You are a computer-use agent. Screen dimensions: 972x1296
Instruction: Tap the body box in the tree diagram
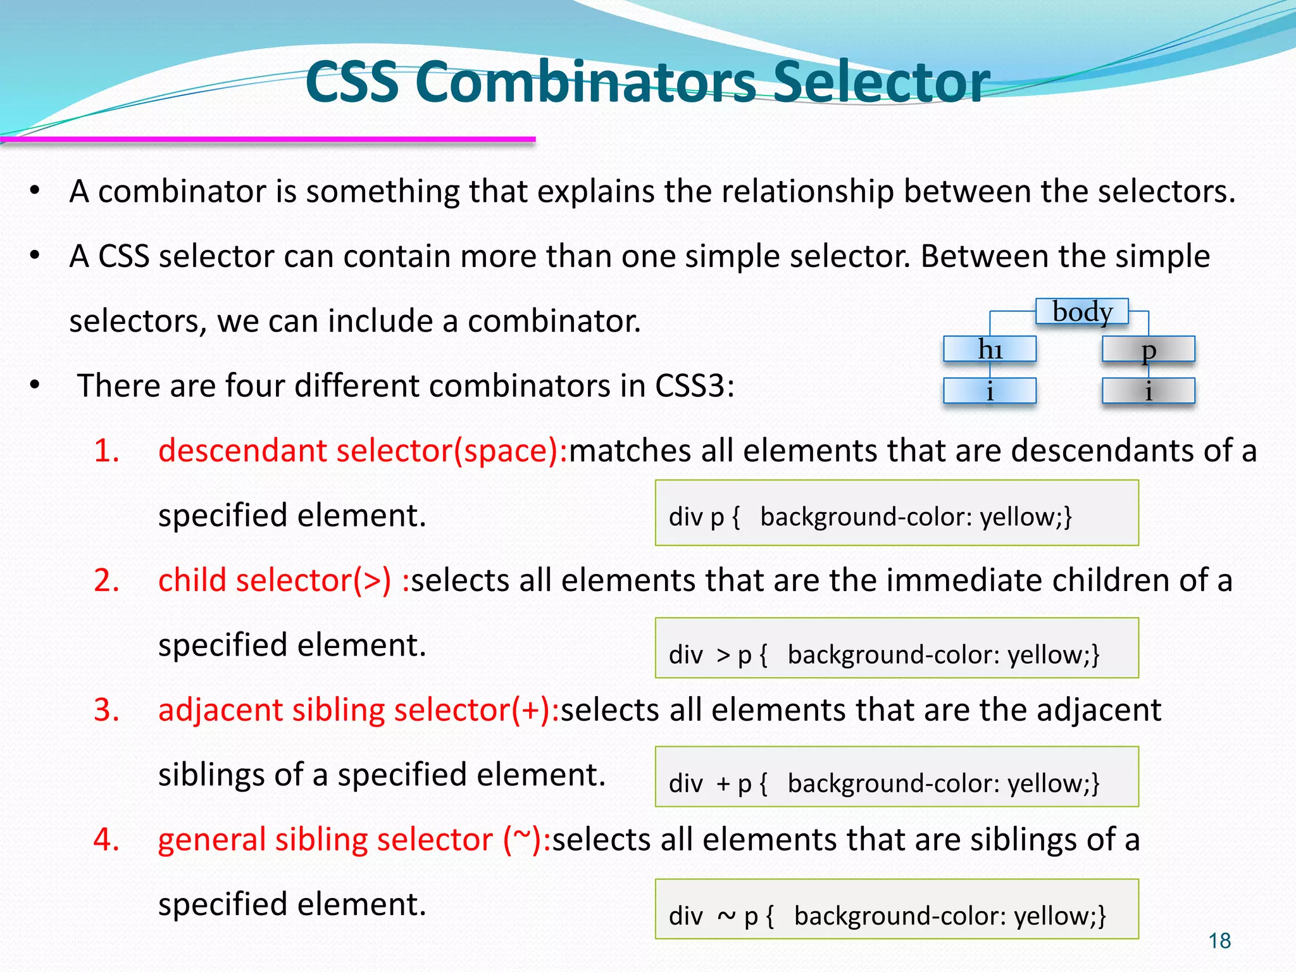pyautogui.click(x=1082, y=312)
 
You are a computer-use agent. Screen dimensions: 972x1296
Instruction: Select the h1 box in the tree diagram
pyautogui.click(x=990, y=349)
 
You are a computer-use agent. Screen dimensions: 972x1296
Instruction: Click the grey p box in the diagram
pyautogui.click(x=1149, y=349)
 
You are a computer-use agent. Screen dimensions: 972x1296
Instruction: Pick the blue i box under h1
pyautogui.click(x=990, y=391)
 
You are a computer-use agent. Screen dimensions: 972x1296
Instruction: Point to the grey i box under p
pyautogui.click(x=1149, y=391)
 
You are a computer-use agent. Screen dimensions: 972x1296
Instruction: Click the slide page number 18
pyautogui.click(x=1219, y=941)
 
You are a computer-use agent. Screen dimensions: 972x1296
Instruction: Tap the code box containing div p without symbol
pyautogui.click(x=897, y=513)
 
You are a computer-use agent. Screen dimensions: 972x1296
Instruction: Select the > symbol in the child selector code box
pyautogui.click(x=723, y=655)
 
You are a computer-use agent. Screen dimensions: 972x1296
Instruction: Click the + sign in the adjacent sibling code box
pyautogui.click(x=723, y=784)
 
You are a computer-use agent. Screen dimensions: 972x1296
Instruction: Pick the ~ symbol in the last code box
pyautogui.click(x=726, y=916)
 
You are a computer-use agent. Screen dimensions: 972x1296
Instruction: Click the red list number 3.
pyautogui.click(x=106, y=710)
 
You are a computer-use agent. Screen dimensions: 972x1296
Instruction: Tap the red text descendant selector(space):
pyautogui.click(x=363, y=451)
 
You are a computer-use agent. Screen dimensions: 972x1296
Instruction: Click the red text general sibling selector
pyautogui.click(x=325, y=840)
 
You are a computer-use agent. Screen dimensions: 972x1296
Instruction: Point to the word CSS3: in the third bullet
pyautogui.click(x=695, y=385)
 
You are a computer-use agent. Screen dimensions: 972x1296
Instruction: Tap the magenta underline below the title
pyautogui.click(x=268, y=139)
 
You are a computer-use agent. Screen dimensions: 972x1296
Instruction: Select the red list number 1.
pyautogui.click(x=106, y=451)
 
